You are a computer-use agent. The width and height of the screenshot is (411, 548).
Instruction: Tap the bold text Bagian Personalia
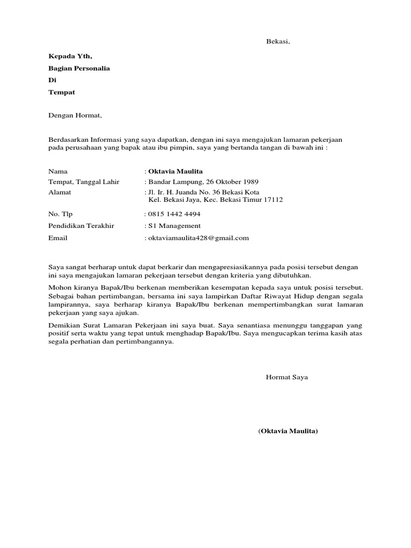tap(79, 68)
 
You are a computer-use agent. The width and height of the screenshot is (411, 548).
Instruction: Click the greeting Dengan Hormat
tap(75, 115)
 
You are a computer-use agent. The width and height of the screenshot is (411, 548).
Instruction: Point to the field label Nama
tap(58, 172)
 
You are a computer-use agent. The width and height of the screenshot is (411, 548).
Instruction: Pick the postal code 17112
tap(271, 200)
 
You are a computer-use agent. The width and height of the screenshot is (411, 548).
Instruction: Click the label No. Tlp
tap(59, 214)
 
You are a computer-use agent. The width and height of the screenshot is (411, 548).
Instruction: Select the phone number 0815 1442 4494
tap(174, 214)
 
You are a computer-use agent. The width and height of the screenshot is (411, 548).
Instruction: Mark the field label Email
tap(58, 238)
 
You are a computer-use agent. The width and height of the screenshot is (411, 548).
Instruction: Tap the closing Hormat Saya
tap(287, 377)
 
